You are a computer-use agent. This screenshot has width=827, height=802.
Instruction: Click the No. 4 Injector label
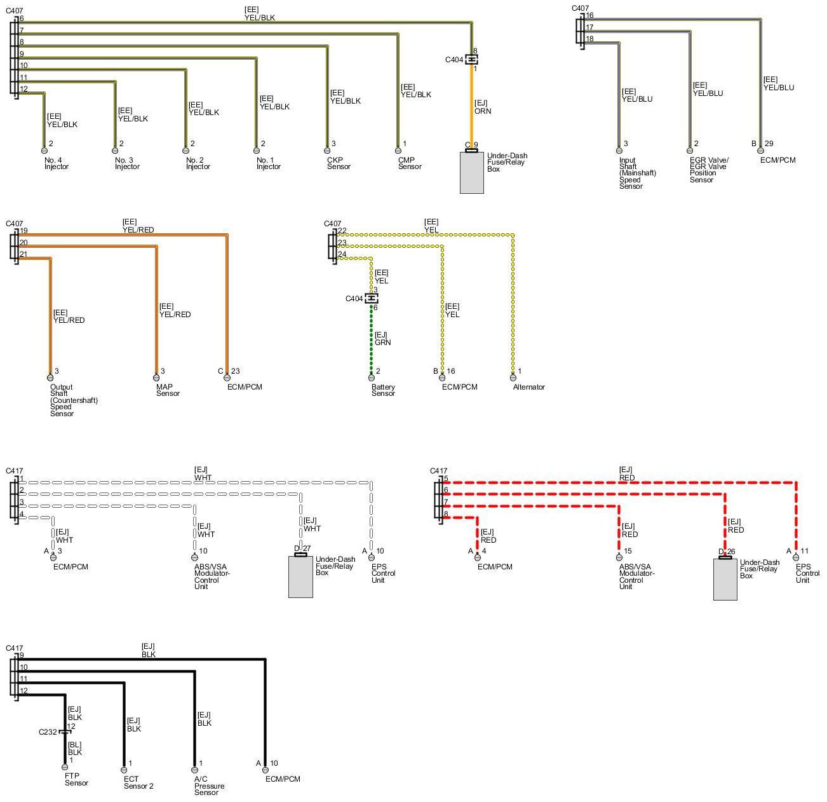point(56,163)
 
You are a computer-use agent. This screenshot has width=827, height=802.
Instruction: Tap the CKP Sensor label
point(339,163)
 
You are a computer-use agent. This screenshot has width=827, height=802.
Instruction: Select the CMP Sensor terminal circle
point(398,151)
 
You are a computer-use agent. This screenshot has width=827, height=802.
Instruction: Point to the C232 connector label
point(48,731)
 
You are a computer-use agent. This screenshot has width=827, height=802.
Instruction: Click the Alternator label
point(528,387)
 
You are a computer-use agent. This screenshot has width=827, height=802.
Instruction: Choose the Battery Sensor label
point(383,390)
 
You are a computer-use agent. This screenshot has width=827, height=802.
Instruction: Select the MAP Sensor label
point(168,390)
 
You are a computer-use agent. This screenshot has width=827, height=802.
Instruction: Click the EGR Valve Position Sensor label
point(709,170)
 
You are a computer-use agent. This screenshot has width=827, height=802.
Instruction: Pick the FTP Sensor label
point(76,779)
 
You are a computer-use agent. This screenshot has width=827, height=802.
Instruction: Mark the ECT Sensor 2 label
point(138,782)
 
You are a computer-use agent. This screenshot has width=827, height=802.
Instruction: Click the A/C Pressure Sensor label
point(209,785)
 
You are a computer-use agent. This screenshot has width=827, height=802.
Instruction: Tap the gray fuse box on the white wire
point(300,576)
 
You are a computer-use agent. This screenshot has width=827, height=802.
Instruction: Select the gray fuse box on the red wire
point(725,579)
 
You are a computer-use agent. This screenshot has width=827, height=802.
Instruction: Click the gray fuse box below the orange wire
point(471,172)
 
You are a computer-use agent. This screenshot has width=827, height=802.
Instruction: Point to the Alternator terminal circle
point(513,377)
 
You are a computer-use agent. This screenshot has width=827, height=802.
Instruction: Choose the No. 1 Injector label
point(268,163)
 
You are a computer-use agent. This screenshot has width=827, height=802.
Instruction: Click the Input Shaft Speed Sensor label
point(637,173)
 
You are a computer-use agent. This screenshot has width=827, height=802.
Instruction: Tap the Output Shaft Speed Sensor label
point(74,400)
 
